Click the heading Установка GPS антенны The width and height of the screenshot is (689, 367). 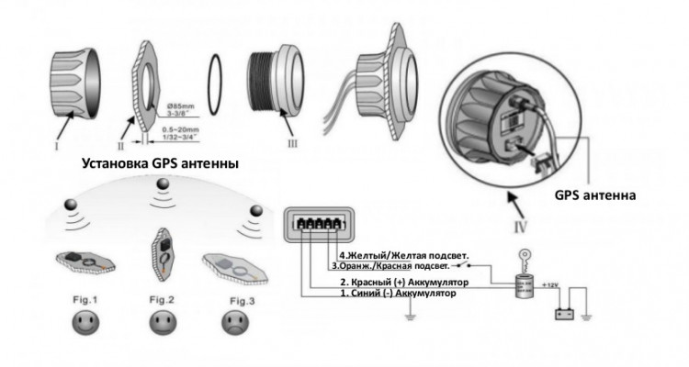point(160,164)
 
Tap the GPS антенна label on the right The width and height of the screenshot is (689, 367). point(596,195)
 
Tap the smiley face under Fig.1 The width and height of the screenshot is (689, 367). point(84,323)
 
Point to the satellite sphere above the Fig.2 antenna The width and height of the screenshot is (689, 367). point(164,186)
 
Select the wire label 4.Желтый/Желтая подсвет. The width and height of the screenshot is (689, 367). point(403,254)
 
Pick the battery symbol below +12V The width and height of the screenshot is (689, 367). point(566,312)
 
